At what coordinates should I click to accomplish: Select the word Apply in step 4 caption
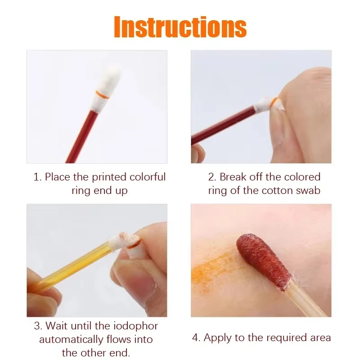(x=218, y=337)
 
